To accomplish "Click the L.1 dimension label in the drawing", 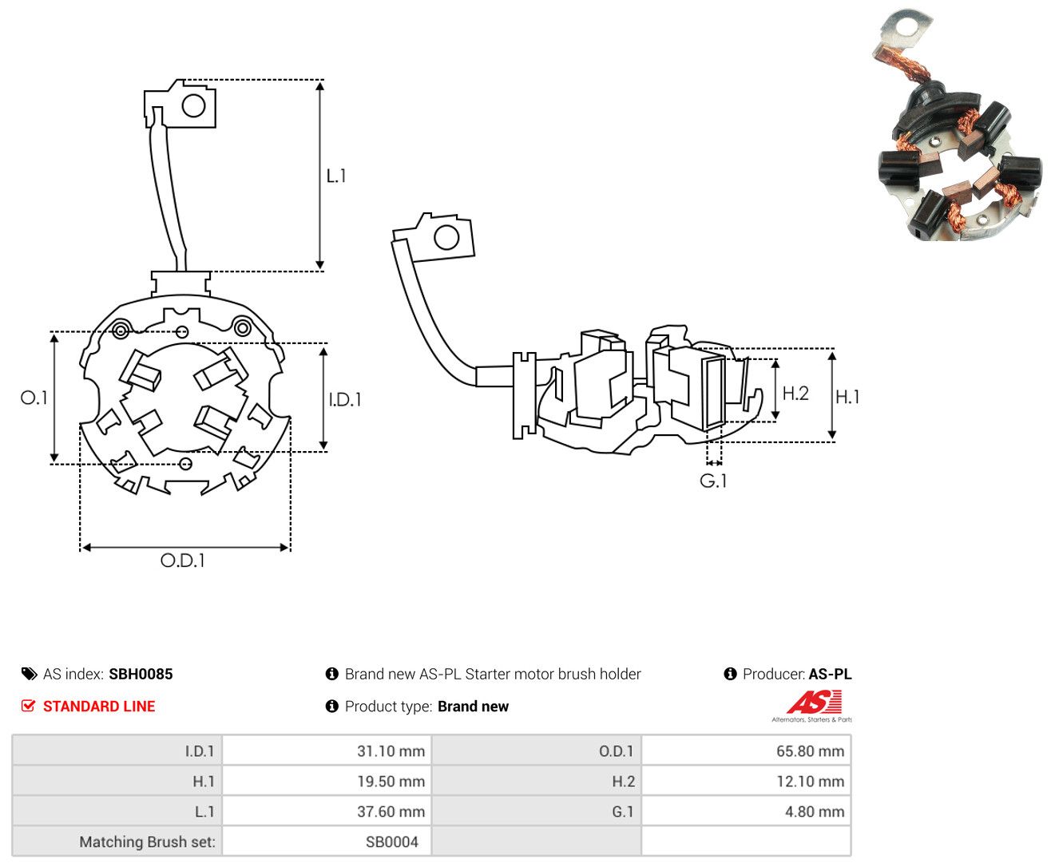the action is pyautogui.click(x=335, y=176).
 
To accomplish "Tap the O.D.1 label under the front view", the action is pyautogui.click(x=182, y=560).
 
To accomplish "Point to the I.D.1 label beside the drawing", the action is pyautogui.click(x=345, y=399).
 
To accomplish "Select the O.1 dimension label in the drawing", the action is pyautogui.click(x=34, y=398).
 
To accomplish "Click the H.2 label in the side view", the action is pyautogui.click(x=795, y=393).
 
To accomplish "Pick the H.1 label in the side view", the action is pyautogui.click(x=847, y=397).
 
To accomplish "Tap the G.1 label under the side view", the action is pyautogui.click(x=713, y=481).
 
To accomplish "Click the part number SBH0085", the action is pyautogui.click(x=141, y=674).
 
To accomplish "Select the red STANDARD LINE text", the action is pyautogui.click(x=99, y=706).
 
